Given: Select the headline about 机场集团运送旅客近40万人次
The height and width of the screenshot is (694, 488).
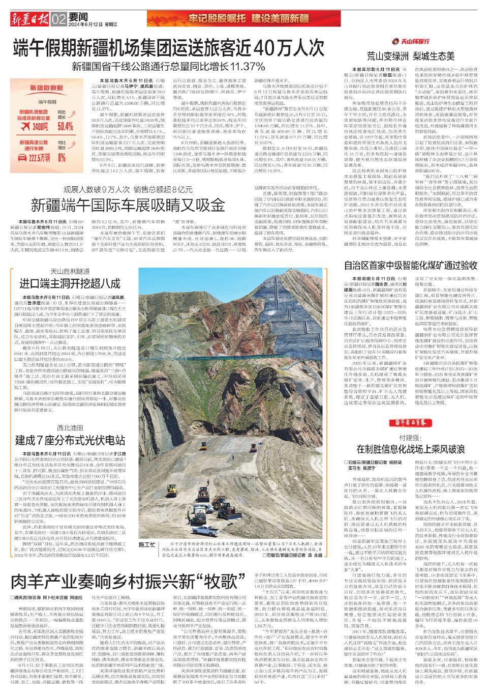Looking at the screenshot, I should click(169, 49).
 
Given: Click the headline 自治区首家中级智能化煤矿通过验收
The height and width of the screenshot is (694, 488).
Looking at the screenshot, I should click(411, 265).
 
